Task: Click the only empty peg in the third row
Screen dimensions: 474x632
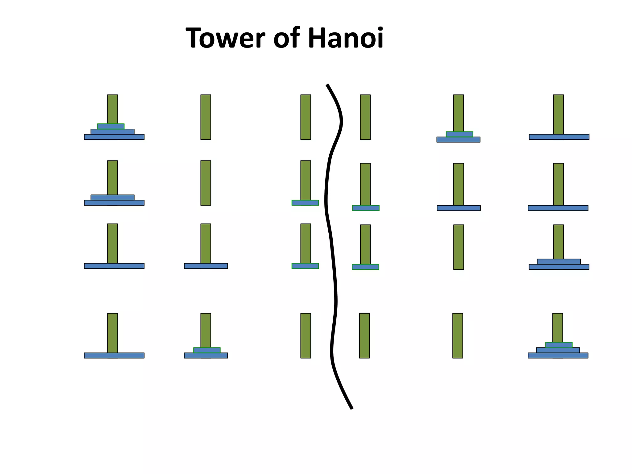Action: click(x=458, y=247)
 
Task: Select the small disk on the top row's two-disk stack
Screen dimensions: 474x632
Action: click(x=459, y=134)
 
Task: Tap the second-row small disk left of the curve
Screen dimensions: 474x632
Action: click(x=305, y=203)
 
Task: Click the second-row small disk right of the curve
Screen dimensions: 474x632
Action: click(x=366, y=208)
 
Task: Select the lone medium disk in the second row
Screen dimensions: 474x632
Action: click(x=459, y=208)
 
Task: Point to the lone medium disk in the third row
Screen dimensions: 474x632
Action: click(x=206, y=266)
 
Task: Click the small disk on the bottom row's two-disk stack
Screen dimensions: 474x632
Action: click(x=207, y=350)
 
